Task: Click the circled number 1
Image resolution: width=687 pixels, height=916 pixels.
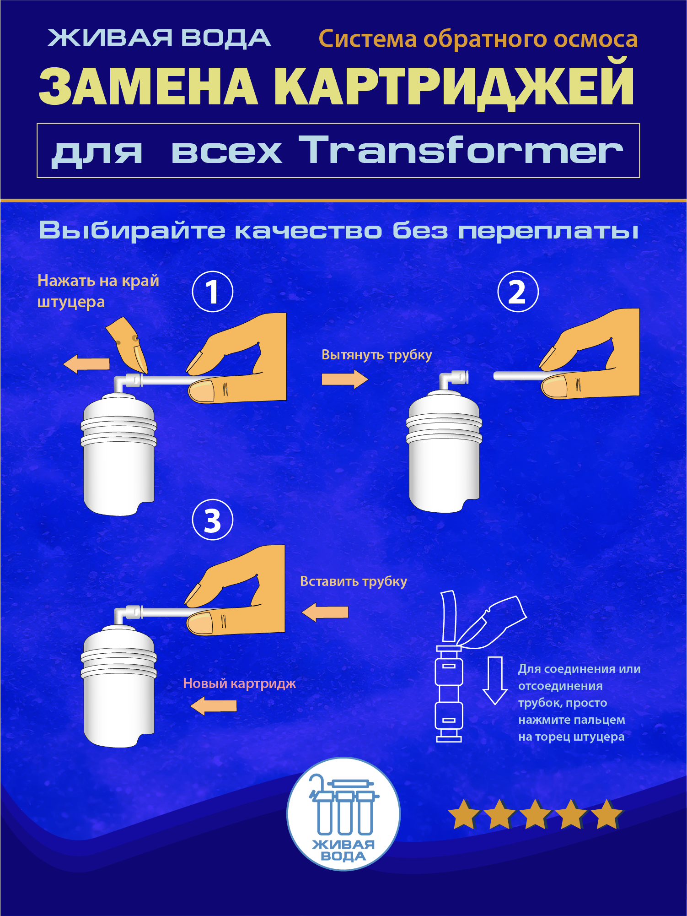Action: (x=212, y=292)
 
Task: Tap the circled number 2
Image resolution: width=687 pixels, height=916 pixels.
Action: (x=518, y=292)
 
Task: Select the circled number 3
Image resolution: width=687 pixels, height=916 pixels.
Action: (x=212, y=520)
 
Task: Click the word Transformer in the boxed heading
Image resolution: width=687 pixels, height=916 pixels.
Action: (x=461, y=150)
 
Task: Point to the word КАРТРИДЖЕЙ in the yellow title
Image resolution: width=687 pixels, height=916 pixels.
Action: (x=453, y=86)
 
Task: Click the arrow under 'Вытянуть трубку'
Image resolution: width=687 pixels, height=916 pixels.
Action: (x=345, y=379)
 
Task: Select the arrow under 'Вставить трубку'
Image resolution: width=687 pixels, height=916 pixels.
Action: (x=325, y=612)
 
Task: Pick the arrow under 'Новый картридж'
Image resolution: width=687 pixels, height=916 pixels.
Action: (x=214, y=705)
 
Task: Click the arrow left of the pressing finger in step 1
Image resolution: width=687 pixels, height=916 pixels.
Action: (x=86, y=364)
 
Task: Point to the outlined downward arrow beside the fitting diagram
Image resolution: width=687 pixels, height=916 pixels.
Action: (x=495, y=681)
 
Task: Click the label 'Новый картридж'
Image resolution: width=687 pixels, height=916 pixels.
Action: (x=239, y=683)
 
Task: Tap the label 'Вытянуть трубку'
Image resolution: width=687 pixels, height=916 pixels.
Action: (x=376, y=355)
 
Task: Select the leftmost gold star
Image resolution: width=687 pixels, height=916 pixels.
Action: (x=464, y=814)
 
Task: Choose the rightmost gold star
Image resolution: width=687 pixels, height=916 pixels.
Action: (x=607, y=814)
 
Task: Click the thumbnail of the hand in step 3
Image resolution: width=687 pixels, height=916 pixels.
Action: (x=200, y=623)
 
